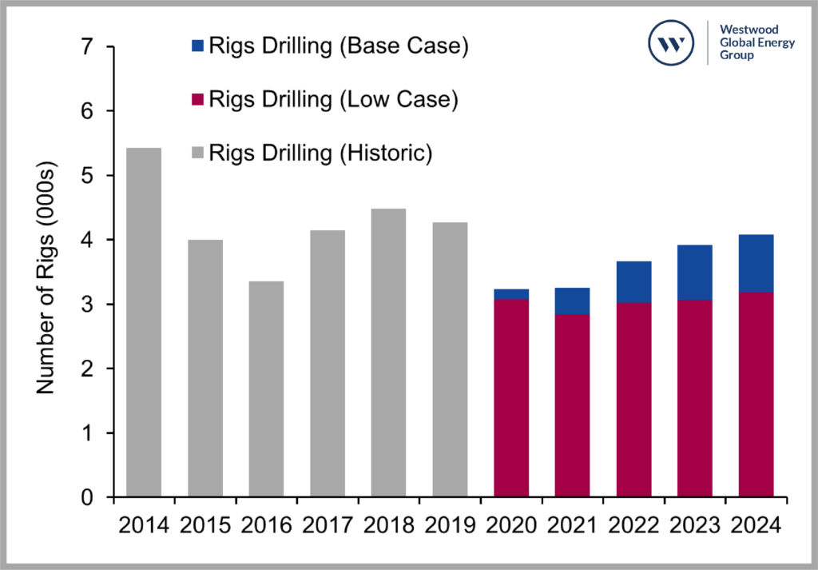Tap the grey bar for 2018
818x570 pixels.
click(388, 353)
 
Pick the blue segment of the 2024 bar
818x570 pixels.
click(756, 263)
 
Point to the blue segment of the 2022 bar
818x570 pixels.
click(633, 281)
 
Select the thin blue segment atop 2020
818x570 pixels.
click(511, 294)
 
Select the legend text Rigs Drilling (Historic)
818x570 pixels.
click(320, 153)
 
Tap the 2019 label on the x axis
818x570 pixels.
click(450, 526)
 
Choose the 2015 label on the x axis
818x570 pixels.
click(205, 526)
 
